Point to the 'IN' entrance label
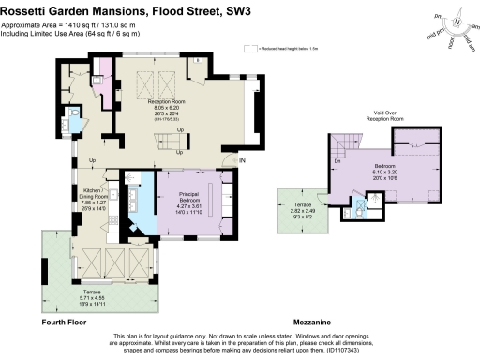point(241,161)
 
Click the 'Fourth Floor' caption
point(65,321)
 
